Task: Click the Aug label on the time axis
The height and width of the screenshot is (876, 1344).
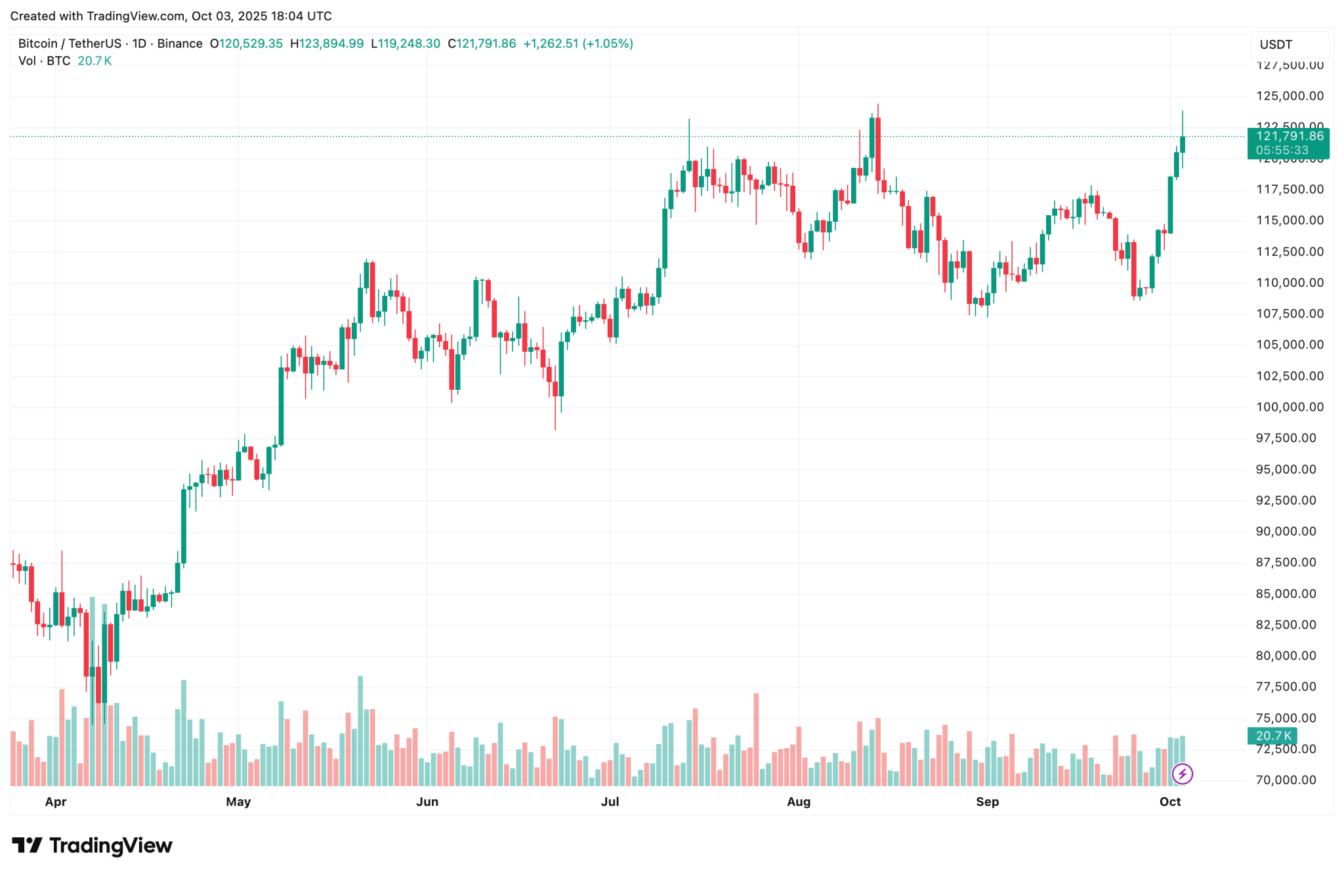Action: click(x=799, y=802)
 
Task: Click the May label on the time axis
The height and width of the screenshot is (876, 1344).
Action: click(x=238, y=802)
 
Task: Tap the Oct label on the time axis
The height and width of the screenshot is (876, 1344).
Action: click(x=1170, y=802)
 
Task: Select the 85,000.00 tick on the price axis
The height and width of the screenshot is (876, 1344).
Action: click(x=1286, y=594)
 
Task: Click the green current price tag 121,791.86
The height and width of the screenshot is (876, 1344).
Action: click(x=1289, y=136)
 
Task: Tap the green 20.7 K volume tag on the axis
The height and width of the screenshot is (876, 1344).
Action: click(x=1273, y=736)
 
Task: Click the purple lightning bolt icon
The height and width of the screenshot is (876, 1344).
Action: click(x=1182, y=774)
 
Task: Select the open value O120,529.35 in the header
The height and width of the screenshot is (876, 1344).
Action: click(x=246, y=44)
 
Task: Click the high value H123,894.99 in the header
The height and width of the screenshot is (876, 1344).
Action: click(x=327, y=44)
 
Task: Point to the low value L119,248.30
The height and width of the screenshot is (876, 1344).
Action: click(x=406, y=44)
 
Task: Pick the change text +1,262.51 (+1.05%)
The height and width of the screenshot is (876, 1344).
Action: click(x=577, y=44)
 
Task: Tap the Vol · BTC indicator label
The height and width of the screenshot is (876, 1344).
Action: click(x=45, y=61)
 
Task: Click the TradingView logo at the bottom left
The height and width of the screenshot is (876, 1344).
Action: click(x=92, y=845)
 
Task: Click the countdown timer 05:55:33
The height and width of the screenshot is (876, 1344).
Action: click(x=1282, y=150)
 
